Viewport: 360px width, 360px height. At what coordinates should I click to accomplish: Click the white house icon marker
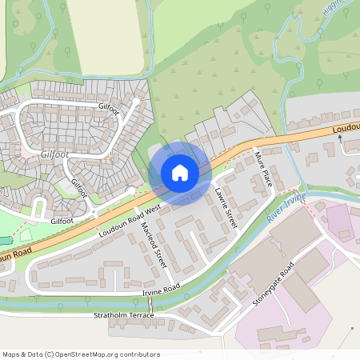(x=180, y=173)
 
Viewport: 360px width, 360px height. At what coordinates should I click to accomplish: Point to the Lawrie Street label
(x=226, y=207)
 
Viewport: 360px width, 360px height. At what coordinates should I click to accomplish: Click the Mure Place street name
(x=263, y=169)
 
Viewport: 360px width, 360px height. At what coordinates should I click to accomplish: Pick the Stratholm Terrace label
(x=123, y=316)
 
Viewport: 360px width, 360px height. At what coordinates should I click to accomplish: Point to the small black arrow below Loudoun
(x=340, y=137)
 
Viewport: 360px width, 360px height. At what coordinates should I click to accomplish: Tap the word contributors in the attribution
(x=140, y=354)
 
